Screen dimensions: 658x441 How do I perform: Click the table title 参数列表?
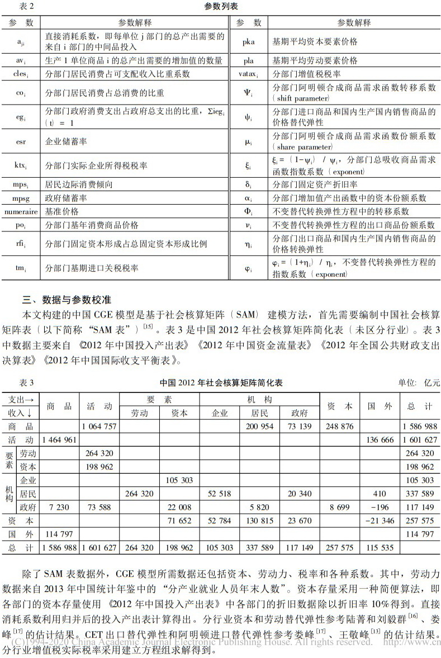220,7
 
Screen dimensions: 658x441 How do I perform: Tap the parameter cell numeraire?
21,212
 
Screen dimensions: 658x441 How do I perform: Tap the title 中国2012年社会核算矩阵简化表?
221,383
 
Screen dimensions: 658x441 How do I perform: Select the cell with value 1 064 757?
99,426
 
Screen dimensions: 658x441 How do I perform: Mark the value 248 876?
339,426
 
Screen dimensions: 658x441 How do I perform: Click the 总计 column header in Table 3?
420,406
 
